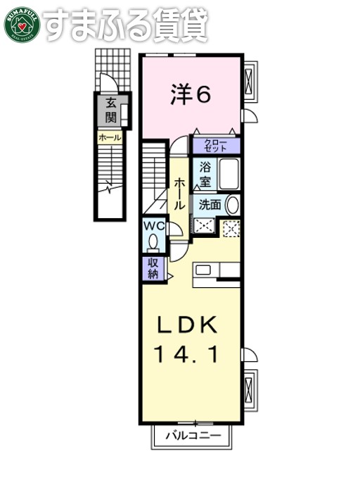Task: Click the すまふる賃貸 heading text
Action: tap(124, 24)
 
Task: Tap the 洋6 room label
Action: tap(190, 95)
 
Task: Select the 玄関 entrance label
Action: tap(111, 109)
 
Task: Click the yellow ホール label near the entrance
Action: tap(110, 138)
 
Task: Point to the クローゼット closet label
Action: tap(215, 146)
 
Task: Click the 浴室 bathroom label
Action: tap(205, 175)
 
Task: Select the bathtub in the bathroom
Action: tap(230, 175)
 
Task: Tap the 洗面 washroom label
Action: tap(210, 205)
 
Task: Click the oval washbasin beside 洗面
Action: tap(233, 205)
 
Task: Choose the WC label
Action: tap(155, 226)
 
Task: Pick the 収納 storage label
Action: tap(153, 268)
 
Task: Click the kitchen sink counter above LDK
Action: tap(217, 271)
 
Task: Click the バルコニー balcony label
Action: tap(193, 436)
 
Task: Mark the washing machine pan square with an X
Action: tap(205, 227)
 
